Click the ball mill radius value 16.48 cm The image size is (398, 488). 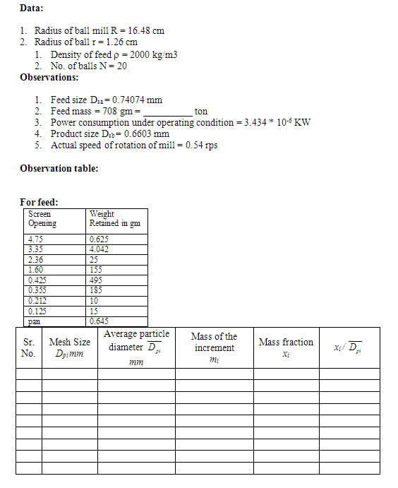(147, 31)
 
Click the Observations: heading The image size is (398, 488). (49, 77)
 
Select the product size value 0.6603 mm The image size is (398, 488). (141, 134)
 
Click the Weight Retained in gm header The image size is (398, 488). (114, 219)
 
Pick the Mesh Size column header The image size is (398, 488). (69, 347)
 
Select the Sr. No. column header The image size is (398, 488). (28, 347)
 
